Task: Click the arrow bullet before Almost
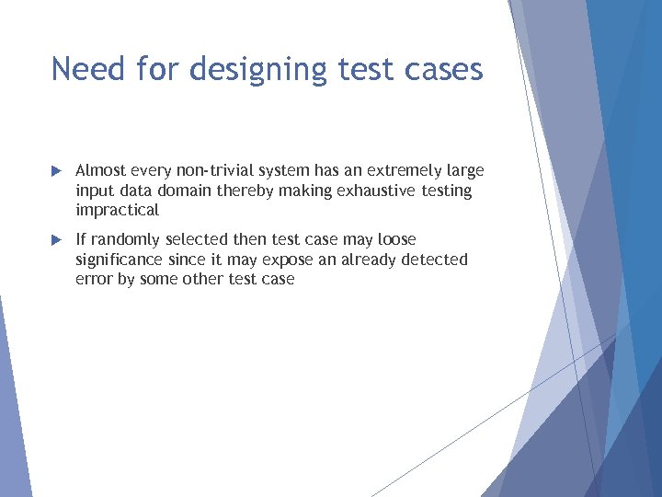click(56, 171)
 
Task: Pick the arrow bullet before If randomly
click(56, 240)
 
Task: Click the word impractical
click(117, 211)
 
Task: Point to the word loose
click(397, 240)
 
